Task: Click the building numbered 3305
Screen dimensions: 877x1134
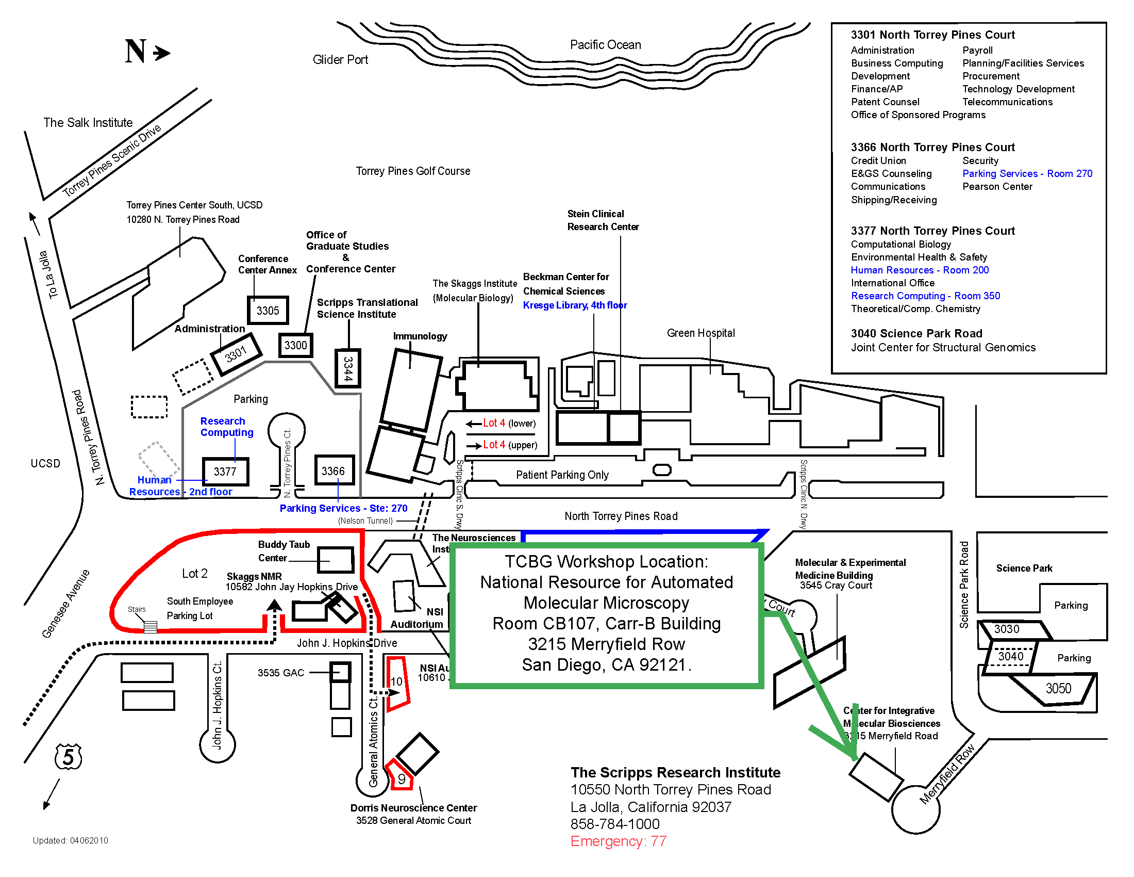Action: pos(268,311)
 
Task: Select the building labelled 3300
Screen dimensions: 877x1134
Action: pos(295,346)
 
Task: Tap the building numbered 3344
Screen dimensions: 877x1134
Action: pos(347,368)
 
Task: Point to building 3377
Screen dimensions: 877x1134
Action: pos(225,472)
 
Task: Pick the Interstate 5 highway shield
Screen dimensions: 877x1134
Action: pos(69,757)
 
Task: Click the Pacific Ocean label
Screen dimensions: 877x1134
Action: pos(606,45)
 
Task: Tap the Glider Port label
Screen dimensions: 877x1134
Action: pos(340,60)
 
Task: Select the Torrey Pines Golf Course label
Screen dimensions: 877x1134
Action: pos(413,171)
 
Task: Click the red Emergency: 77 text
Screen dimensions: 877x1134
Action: pos(618,841)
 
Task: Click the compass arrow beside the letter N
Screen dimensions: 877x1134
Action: pos(162,53)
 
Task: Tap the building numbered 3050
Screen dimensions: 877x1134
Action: pos(1058,689)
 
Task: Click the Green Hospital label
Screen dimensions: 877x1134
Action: pos(701,333)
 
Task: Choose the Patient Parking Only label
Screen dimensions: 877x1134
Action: pos(562,475)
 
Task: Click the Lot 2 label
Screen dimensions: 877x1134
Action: pos(195,574)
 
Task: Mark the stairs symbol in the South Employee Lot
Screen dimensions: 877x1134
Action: pos(150,627)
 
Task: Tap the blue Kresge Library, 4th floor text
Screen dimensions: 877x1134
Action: pos(575,305)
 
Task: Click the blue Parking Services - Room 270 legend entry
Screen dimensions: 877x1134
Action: pos(1027,173)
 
